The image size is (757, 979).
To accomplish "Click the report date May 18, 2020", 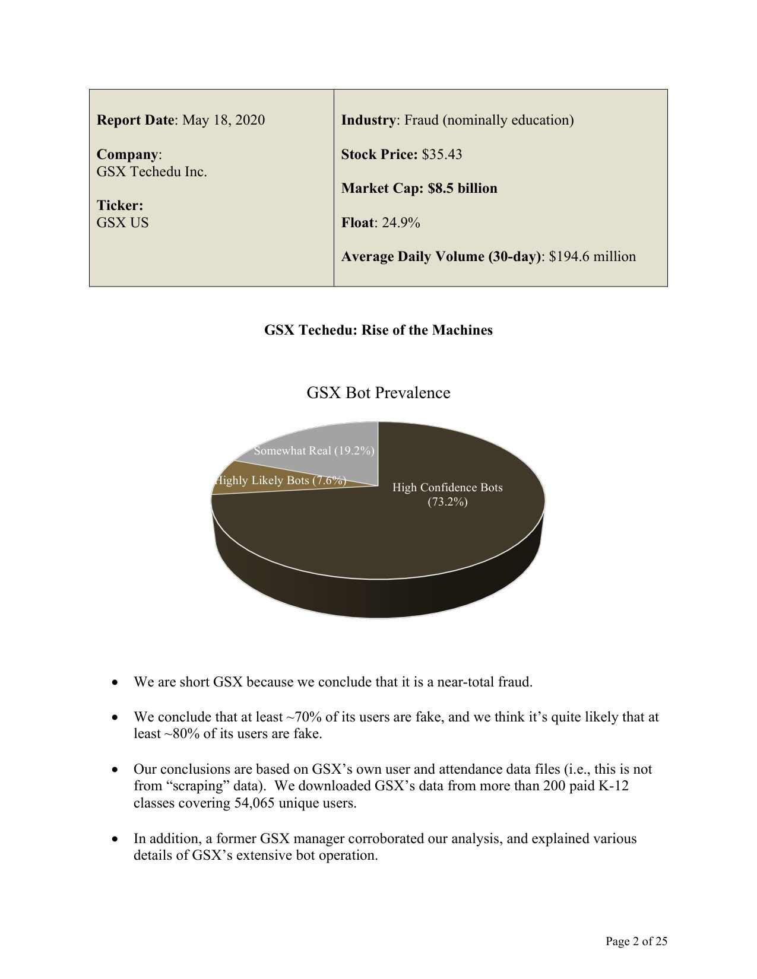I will point(223,120).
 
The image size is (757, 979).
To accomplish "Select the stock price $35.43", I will point(442,155).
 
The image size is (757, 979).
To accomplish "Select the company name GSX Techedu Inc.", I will point(152,172).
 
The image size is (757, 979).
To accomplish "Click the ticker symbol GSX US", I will point(122,223).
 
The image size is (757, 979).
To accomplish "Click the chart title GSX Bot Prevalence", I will point(378,393).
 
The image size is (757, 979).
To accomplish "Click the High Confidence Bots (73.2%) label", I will point(447,495).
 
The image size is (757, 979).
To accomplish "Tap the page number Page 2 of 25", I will point(636,941).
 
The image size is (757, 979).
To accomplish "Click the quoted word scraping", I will point(199,787).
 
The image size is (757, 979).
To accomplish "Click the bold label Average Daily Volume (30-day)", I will point(441,257).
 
